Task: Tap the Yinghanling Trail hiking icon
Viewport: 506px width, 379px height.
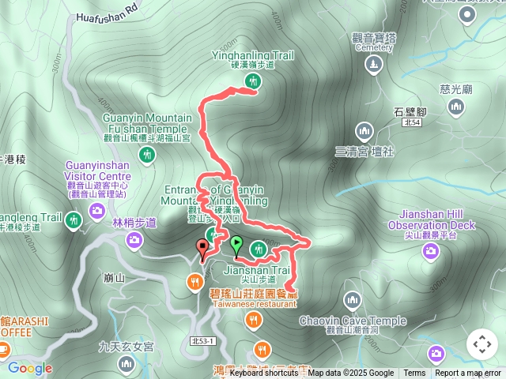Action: pos(253,81)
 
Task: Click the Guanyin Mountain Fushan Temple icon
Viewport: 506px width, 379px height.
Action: pos(146,155)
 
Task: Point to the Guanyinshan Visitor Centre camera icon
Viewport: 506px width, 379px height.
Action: pos(97,210)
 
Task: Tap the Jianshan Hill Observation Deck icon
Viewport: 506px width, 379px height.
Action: pos(431,251)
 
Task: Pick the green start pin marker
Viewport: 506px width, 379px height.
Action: pos(236,246)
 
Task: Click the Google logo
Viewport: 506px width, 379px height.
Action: pos(30,368)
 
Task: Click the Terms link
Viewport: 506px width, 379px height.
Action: pos(414,373)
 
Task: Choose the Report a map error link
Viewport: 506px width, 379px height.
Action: pos(468,373)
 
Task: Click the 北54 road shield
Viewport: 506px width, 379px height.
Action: pos(410,123)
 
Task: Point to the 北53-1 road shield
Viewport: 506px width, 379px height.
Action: pos(202,340)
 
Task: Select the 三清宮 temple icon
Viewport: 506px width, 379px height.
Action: pos(364,129)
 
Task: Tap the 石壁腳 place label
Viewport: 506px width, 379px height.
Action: pos(410,111)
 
